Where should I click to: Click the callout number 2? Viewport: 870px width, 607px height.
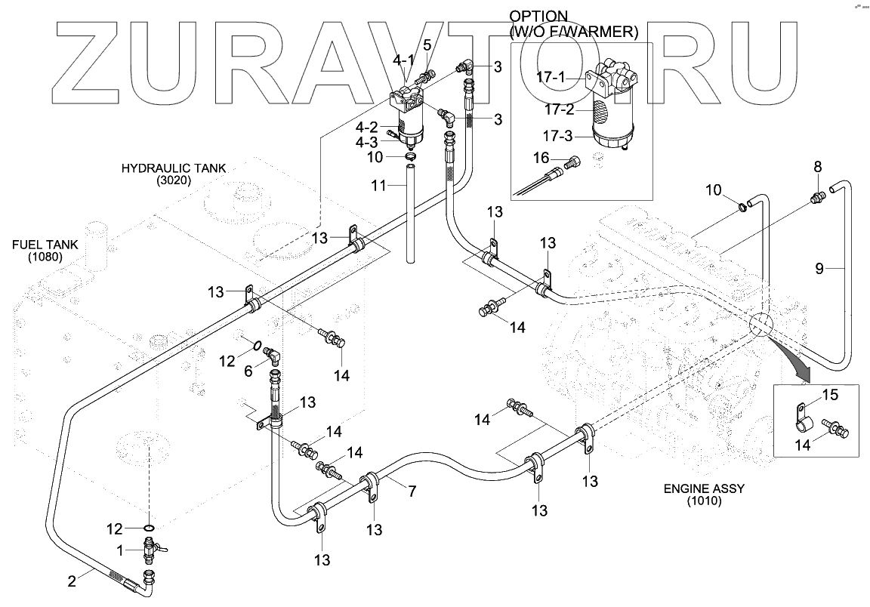tap(72, 581)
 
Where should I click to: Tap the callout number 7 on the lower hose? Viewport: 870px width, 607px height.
tap(412, 491)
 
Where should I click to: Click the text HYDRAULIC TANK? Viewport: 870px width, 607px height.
tap(174, 168)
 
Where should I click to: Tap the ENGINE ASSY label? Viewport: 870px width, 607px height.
tap(704, 488)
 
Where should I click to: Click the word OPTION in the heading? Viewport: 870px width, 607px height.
tap(538, 16)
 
